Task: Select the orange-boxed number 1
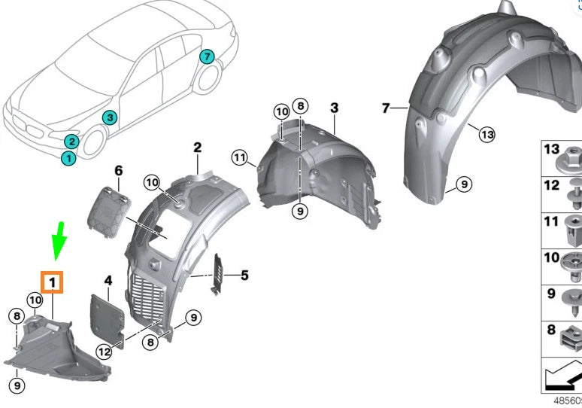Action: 53,282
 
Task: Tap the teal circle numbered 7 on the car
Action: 207,56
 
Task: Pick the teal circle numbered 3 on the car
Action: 109,117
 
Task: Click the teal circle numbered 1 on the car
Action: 68,157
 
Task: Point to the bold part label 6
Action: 118,171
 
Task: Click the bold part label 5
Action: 244,276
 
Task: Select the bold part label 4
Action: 108,281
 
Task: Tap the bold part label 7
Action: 386,108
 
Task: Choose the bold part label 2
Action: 197,148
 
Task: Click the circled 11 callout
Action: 240,158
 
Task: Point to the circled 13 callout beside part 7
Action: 487,134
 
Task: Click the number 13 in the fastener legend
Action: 551,150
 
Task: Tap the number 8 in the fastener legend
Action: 551,330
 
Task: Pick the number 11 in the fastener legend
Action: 551,222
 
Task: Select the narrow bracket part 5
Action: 220,270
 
